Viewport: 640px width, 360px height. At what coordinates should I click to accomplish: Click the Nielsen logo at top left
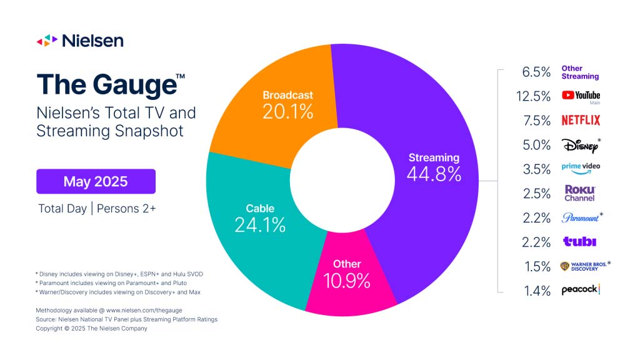79,41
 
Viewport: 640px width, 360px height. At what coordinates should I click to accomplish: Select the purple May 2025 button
96,181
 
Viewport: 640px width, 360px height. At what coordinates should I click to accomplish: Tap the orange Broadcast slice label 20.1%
287,111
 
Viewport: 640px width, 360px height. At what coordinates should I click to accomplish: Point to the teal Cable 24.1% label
260,224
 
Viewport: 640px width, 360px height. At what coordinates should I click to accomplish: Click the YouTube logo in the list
581,95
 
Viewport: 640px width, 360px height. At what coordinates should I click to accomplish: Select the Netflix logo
581,120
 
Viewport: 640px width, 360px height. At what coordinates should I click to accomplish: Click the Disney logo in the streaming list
579,145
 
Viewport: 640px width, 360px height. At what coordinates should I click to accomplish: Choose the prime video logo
581,169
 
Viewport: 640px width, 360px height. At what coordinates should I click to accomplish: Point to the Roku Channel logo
580,193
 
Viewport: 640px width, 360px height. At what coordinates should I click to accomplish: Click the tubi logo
579,242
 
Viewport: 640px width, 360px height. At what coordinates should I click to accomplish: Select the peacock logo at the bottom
581,290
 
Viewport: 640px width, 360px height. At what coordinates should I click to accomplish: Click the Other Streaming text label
580,72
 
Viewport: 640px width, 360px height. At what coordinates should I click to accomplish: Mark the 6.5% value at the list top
536,72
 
